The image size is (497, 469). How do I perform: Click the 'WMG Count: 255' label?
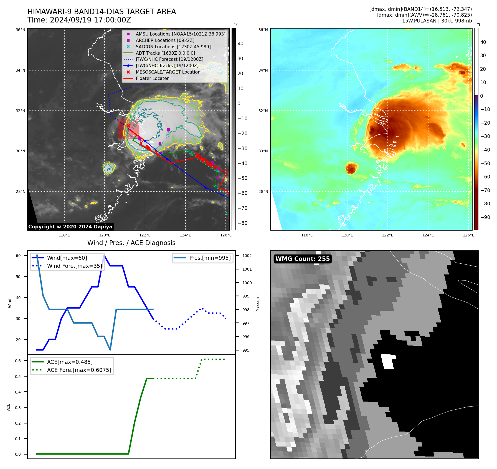click(302, 259)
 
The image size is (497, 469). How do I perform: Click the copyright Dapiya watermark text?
click(70, 227)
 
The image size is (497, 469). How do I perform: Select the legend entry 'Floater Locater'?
click(152, 79)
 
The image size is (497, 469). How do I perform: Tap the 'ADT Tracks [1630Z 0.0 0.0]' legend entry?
click(165, 53)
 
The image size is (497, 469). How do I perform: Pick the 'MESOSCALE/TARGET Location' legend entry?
click(168, 72)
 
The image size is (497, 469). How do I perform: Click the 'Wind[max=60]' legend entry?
click(67, 258)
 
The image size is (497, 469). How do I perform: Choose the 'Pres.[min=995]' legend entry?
click(210, 258)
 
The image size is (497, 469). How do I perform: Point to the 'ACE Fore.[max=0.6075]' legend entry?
click(79, 370)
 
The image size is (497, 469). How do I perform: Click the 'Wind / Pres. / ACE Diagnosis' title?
click(131, 243)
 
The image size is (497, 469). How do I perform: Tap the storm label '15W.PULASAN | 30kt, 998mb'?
click(437, 21)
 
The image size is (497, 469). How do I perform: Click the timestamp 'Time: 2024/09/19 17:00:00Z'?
click(79, 20)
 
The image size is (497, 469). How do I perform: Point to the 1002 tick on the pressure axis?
click(247, 256)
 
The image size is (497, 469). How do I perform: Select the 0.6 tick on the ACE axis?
click(18, 361)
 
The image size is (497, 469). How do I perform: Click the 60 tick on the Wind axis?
click(18, 256)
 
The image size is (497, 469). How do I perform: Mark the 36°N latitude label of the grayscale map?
click(20, 30)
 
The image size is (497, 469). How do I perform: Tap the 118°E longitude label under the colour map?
click(307, 235)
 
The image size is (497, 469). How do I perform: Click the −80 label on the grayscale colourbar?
click(242, 223)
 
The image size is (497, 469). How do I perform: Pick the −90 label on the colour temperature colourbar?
click(485, 217)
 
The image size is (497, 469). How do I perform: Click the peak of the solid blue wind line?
click(104, 255)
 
